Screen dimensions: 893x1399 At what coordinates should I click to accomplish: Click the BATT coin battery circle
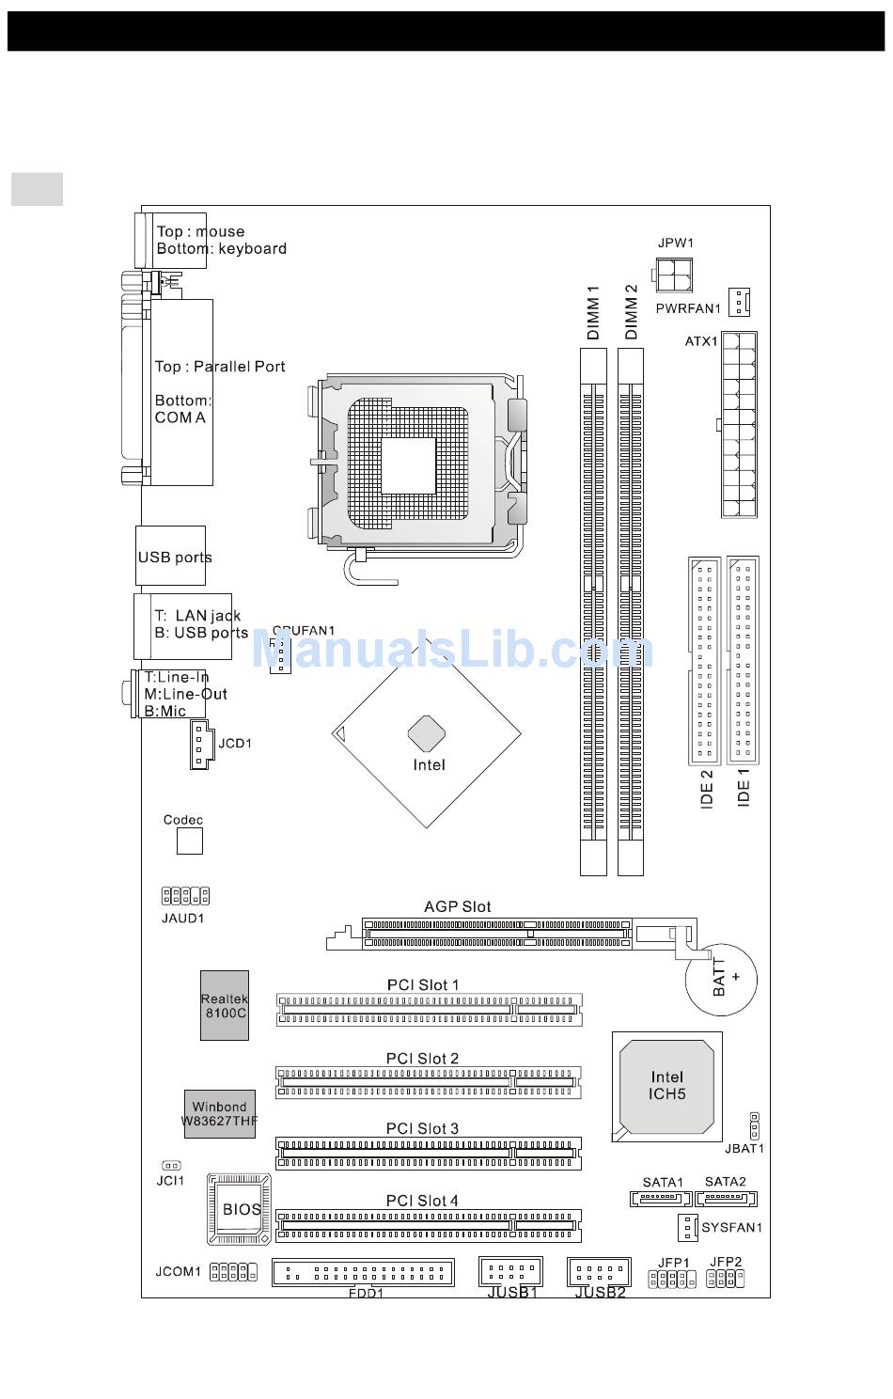coord(721,979)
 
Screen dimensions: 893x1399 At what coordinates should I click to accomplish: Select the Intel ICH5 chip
coord(666,1086)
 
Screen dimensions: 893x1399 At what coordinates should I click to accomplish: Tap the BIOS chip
coord(239,1210)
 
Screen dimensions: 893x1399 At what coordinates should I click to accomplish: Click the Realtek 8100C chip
coord(225,1005)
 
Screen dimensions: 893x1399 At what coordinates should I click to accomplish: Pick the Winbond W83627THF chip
coord(219,1114)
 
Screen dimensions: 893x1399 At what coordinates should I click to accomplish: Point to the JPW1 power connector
coord(675,275)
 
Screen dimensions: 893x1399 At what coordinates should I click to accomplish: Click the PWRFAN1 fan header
coord(740,303)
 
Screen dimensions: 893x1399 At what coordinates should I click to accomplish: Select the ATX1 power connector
coord(739,424)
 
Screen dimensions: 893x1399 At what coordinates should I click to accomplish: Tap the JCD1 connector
coord(198,745)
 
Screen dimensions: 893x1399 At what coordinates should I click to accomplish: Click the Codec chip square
coord(190,841)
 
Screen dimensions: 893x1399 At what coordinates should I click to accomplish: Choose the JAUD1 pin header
coord(185,895)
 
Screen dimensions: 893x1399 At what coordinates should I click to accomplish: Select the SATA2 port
coord(726,1199)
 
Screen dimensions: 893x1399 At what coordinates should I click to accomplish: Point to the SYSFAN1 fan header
coord(687,1227)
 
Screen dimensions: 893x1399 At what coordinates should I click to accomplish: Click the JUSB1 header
coord(510,1271)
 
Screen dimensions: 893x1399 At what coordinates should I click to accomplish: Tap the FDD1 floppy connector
coord(363,1272)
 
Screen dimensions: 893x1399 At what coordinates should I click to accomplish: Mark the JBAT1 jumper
coord(754,1124)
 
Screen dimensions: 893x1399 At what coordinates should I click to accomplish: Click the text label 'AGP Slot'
coord(458,906)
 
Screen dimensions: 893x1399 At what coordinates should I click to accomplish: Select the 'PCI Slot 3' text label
coord(422,1128)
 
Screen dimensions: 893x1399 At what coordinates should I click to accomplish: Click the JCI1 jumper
coord(171,1166)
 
